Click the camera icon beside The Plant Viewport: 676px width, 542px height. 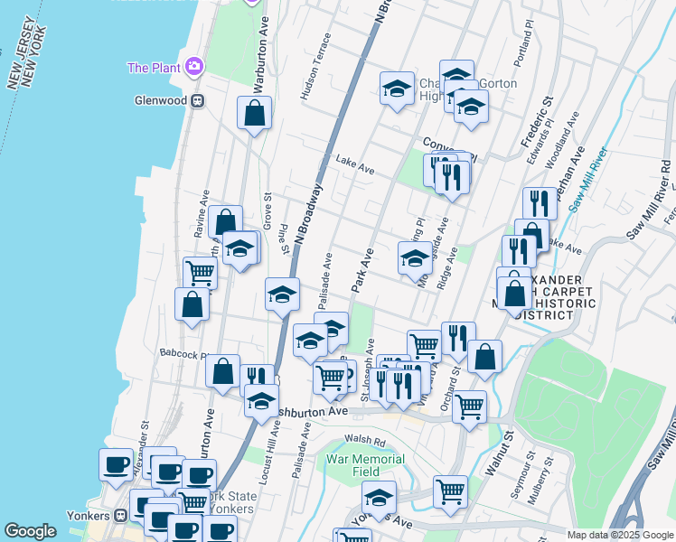(192, 66)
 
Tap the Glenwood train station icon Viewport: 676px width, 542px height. (195, 101)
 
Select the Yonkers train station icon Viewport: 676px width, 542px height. (121, 515)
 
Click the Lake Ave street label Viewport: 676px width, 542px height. (355, 164)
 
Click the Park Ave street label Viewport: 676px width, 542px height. (362, 270)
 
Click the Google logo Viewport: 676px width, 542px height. (30, 531)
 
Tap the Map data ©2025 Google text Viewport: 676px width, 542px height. (619, 535)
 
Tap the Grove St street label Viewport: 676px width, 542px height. (267, 208)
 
